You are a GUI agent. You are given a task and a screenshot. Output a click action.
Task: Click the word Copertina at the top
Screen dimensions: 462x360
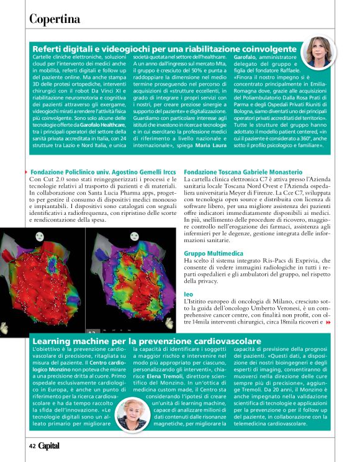55,19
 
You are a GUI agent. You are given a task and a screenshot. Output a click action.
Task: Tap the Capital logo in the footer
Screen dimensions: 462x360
50,446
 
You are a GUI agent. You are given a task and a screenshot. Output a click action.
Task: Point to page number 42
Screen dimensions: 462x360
31,446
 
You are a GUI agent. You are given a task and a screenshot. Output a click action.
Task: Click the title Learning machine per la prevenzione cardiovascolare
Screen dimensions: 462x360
146,342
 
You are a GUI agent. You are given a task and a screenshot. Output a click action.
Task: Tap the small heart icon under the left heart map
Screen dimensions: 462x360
6,325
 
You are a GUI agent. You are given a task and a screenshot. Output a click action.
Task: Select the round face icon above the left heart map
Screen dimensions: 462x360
7,233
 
